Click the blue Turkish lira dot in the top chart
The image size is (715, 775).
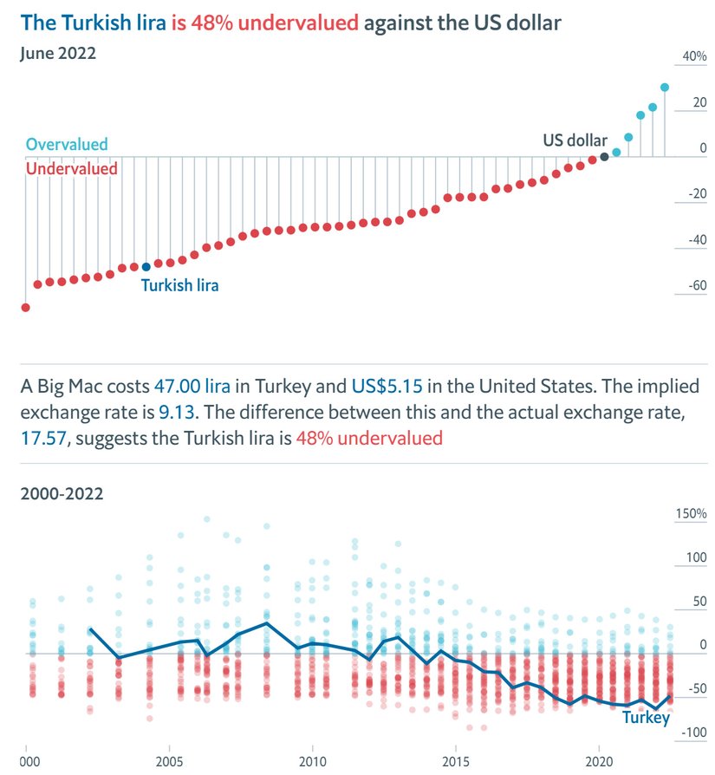(x=146, y=267)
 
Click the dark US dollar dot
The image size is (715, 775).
(x=604, y=157)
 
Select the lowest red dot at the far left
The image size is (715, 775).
(x=25, y=308)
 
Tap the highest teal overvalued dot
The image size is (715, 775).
(x=665, y=88)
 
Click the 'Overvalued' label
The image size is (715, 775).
(x=67, y=145)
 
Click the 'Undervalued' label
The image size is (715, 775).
(x=71, y=169)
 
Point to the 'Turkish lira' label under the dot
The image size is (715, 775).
(x=179, y=285)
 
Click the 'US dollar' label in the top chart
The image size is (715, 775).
(x=575, y=140)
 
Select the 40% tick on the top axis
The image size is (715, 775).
(x=694, y=57)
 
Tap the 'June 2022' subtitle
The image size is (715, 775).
(x=57, y=53)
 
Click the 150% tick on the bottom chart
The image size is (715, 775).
(x=691, y=514)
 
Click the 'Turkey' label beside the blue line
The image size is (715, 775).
(x=646, y=718)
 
